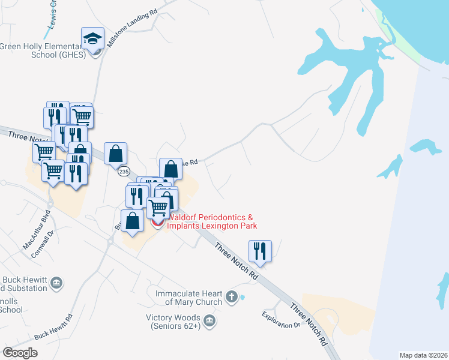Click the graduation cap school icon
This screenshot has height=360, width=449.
pyautogui.click(x=92, y=39)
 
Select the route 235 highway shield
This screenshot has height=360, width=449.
pyautogui.click(x=124, y=172)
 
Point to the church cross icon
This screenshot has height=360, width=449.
pyautogui.click(x=232, y=296)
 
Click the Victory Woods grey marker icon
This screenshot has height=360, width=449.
pyautogui.click(x=210, y=322)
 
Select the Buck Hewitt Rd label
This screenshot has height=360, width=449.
pyautogui.click(x=53, y=327)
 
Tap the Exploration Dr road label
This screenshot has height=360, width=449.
pyautogui.click(x=280, y=320)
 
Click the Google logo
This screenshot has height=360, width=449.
pyautogui.click(x=20, y=353)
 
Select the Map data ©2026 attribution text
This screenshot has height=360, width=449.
pyautogui.click(x=423, y=355)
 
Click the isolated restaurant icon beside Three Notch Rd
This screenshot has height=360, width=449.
pyautogui.click(x=260, y=251)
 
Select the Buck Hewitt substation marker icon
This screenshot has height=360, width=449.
pyautogui.click(x=57, y=283)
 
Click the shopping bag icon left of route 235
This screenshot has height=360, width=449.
pyautogui.click(x=115, y=154)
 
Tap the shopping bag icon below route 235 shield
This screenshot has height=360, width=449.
pyautogui.click(x=132, y=220)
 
